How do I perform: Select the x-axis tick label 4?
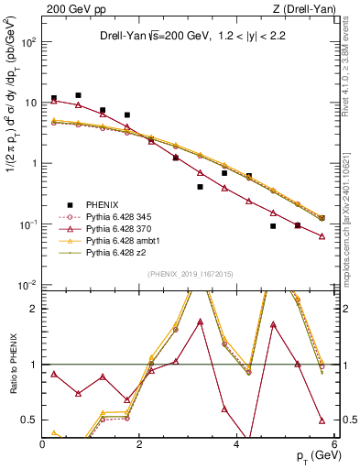[237, 445]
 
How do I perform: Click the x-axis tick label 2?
[140, 445]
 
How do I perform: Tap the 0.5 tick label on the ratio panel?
[27, 420]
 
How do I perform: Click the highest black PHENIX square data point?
[79, 95]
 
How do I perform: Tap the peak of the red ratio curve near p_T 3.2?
[200, 321]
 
